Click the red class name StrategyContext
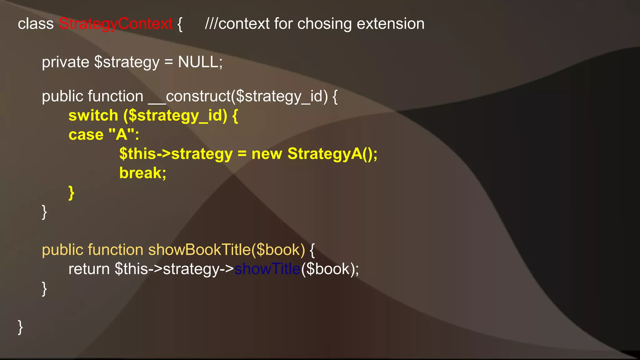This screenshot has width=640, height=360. (116, 24)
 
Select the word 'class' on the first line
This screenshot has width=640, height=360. (36, 24)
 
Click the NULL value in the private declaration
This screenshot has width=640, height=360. (198, 62)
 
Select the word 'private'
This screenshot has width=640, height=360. (66, 62)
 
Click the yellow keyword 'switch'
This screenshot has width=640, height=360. (93, 116)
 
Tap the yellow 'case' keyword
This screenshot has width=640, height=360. (86, 135)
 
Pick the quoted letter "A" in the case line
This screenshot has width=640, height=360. (122, 135)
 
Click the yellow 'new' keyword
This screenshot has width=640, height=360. (267, 154)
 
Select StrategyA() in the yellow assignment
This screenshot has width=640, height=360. (332, 154)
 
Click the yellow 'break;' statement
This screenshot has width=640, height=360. (143, 173)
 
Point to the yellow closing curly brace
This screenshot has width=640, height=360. (72, 192)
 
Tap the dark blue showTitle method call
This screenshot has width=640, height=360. (267, 269)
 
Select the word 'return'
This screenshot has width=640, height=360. (89, 269)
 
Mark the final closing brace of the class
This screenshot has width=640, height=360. (20, 327)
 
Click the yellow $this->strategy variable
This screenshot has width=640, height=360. (176, 154)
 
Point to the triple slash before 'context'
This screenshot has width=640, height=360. (211, 24)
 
